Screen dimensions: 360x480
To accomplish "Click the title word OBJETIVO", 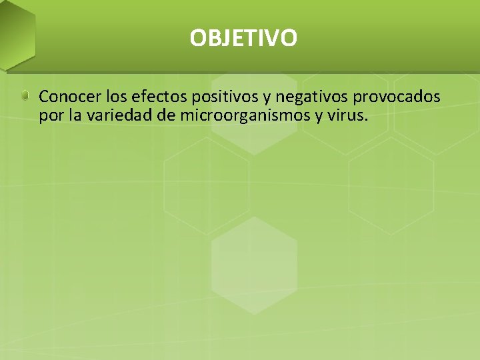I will (x=243, y=38).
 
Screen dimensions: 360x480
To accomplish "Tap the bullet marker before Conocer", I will (x=25, y=97).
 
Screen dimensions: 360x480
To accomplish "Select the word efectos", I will (x=159, y=97).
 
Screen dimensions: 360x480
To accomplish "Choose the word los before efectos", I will (x=116, y=97).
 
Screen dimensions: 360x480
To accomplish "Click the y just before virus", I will (x=321, y=117).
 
